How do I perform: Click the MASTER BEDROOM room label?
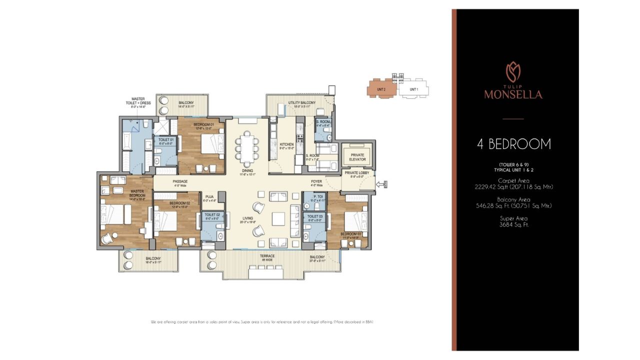pos(138,193)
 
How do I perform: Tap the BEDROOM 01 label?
pos(203,124)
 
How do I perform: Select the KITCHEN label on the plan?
pos(286,144)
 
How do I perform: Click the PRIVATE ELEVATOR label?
pos(357,157)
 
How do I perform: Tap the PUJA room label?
pos(209,197)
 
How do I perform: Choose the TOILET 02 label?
pos(212,216)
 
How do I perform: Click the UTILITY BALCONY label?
pos(300,103)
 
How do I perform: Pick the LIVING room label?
pos(247,218)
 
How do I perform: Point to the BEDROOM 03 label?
pos(350,234)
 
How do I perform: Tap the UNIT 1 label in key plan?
pos(413,89)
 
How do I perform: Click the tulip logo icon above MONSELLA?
pos(513,71)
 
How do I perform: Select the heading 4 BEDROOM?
pos(513,144)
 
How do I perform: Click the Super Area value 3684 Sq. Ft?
pos(513,225)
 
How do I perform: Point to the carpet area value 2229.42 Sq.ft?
pos(513,187)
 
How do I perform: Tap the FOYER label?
pos(316,181)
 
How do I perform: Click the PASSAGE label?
pos(180,181)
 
